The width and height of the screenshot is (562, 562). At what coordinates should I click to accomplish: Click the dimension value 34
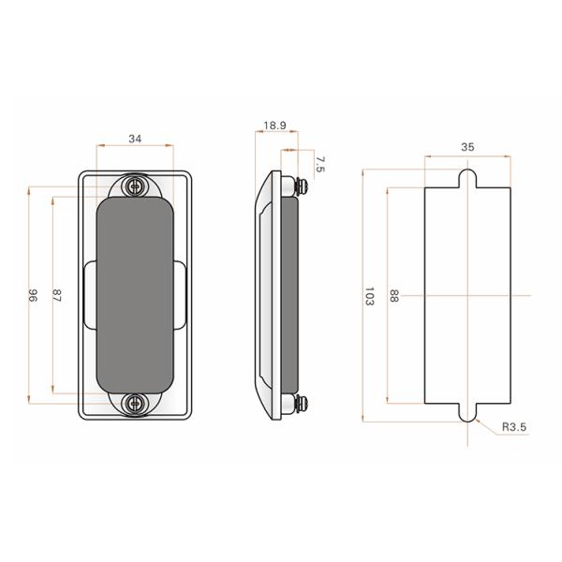[135, 139]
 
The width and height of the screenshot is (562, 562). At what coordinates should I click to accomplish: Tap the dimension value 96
[33, 295]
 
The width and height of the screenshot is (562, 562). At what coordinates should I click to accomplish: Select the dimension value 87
[57, 295]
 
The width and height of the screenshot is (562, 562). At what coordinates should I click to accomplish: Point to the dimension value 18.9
[274, 125]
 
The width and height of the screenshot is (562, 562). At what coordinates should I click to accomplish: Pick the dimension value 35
[467, 147]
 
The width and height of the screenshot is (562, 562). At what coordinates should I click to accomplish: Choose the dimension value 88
[393, 297]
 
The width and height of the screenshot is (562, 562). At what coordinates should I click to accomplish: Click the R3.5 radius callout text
[514, 427]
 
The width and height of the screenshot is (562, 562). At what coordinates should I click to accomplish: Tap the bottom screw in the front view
[137, 403]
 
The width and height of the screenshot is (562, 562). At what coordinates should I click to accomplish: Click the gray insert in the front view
[136, 295]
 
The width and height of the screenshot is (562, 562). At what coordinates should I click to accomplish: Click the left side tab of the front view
[90, 295]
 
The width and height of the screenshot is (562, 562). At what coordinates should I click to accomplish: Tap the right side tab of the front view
[180, 295]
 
